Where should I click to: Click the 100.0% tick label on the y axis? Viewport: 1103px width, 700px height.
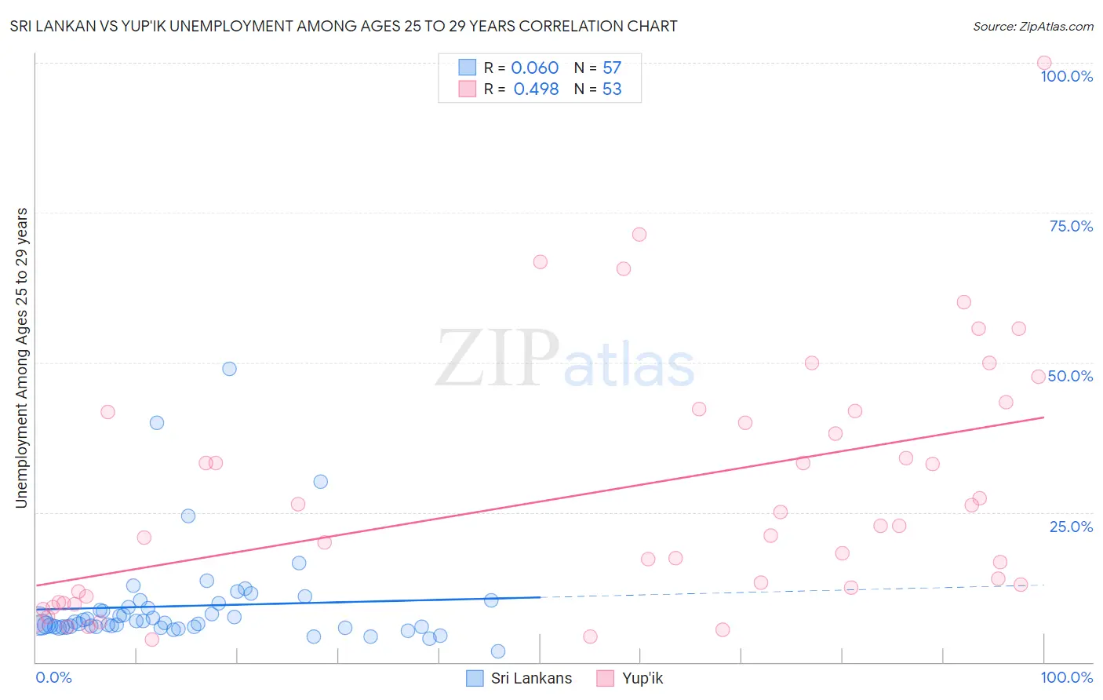pos(1066,76)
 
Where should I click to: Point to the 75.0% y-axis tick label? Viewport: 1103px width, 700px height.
pos(1071,226)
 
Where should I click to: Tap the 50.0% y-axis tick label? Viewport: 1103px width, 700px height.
pos(1070,376)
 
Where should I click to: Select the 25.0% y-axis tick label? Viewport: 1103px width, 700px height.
pos(1071,527)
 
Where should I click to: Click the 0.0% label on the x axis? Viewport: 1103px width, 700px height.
pos(53,677)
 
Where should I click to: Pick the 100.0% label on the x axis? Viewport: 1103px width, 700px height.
pos(1066,677)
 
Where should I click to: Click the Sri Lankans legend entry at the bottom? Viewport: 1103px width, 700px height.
pos(531,678)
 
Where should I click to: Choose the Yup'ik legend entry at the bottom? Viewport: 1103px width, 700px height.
pos(642,678)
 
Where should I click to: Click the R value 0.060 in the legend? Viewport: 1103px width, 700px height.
pos(534,68)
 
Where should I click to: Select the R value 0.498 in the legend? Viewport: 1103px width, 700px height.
pos(536,89)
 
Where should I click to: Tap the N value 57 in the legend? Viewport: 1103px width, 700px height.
pos(612,68)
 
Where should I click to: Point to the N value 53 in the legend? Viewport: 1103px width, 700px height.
pos(612,89)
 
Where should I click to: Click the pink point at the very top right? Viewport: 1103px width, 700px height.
pos(1043,63)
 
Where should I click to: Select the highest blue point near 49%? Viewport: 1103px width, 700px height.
pos(229,369)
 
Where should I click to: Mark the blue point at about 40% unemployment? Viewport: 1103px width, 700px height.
pos(157,423)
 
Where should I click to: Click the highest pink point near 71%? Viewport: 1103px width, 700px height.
pos(639,235)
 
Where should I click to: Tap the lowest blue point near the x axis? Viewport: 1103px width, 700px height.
pos(498,651)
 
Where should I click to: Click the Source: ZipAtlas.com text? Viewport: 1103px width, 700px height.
pos(1032,27)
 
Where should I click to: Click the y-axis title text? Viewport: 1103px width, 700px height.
pos(22,358)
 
